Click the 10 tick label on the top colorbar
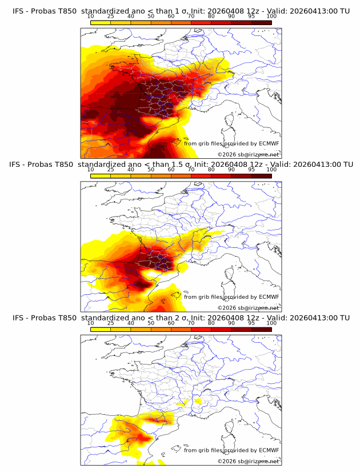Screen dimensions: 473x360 tap(91, 16)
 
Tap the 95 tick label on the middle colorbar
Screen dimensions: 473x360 tap(251, 170)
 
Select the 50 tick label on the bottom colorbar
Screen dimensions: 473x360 tap(151, 323)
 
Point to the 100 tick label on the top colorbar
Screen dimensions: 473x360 tap(271, 16)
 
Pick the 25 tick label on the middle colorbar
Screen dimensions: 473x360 tap(111, 170)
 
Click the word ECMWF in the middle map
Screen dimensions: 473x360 tap(269, 296)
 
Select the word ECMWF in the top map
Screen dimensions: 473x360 tap(269, 143)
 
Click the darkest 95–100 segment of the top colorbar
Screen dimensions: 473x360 tap(262, 22)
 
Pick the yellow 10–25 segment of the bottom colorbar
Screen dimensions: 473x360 tap(101, 329)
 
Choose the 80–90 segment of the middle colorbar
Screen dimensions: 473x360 tap(221, 176)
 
